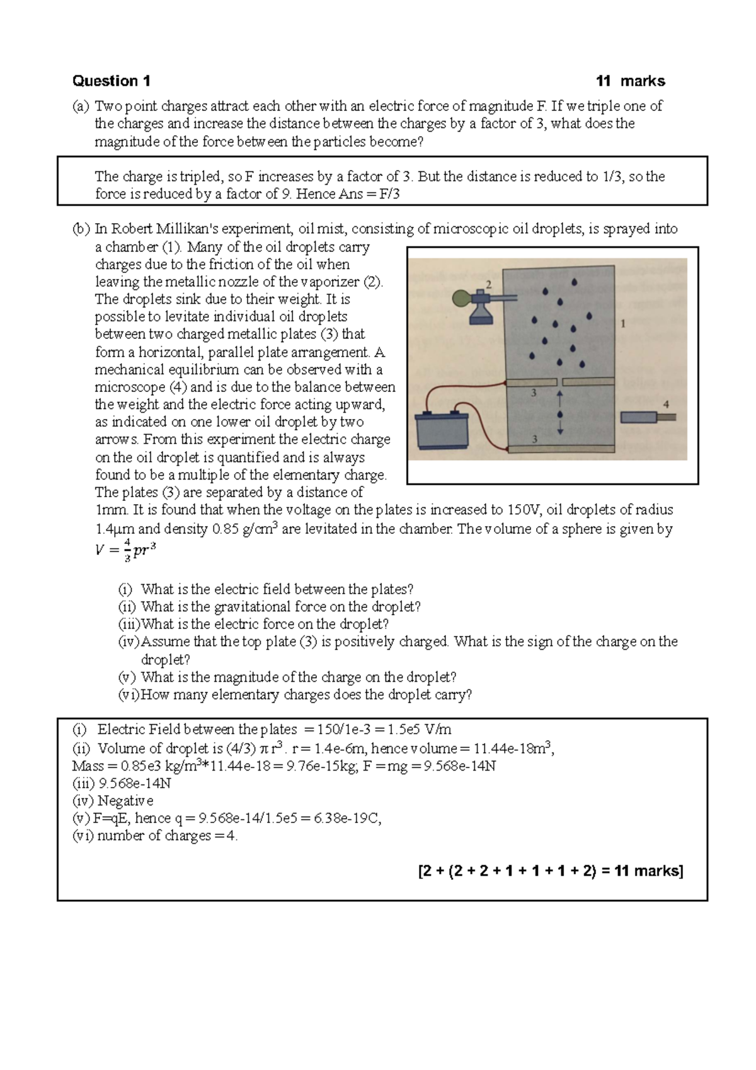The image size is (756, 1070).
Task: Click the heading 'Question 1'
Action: tap(112, 81)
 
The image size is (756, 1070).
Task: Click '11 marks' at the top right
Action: tap(630, 81)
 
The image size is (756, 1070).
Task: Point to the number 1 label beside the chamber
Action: tap(623, 324)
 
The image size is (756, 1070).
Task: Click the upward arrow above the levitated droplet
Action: tap(559, 400)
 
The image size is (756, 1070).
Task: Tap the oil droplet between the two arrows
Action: tap(559, 414)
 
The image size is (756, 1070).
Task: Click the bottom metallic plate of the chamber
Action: tap(560, 448)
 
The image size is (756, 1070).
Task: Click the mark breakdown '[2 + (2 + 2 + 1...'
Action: tap(550, 872)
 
